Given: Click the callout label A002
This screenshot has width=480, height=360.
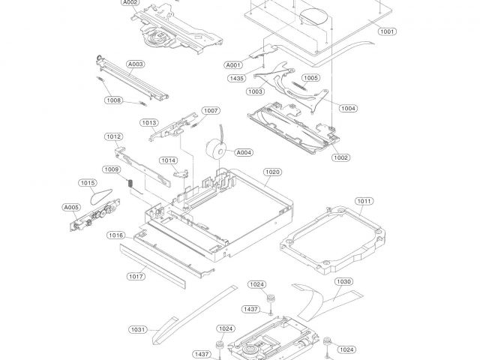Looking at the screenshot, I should pyautogui.click(x=130, y=2).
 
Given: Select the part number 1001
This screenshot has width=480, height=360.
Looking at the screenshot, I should pyautogui.click(x=387, y=31).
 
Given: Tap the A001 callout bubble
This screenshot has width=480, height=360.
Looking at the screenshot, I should pyautogui.click(x=233, y=65).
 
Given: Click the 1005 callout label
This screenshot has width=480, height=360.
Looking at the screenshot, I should pyautogui.click(x=310, y=77).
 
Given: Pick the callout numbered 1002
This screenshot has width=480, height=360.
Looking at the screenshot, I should pyautogui.click(x=341, y=157).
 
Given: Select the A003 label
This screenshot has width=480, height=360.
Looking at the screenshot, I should pyautogui.click(x=135, y=64).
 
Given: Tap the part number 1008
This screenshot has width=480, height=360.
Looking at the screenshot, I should pyautogui.click(x=114, y=100).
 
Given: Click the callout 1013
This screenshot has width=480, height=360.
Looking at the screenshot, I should pyautogui.click(x=148, y=122).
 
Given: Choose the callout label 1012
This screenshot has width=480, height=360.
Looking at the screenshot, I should pyautogui.click(x=114, y=136).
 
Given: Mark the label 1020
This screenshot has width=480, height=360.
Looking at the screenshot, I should pyautogui.click(x=271, y=172).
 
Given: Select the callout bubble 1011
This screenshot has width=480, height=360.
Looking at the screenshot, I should pyautogui.click(x=364, y=201).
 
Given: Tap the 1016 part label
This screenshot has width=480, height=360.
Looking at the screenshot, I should pyautogui.click(x=115, y=235).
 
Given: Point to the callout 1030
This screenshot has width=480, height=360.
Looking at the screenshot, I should pyautogui.click(x=343, y=281).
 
